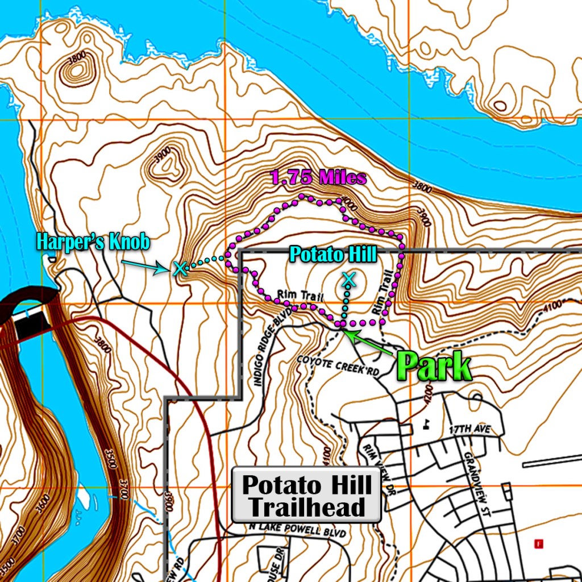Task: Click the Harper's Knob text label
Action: pos(93,242)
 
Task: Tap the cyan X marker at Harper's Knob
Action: pos(180,268)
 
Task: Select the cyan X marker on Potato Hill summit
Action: pos(348,278)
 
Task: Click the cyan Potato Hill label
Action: pos(332,254)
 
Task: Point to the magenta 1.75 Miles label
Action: pos(319,178)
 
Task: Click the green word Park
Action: pos(434,367)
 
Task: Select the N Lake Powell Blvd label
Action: pos(297,527)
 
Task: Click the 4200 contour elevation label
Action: pos(428,394)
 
